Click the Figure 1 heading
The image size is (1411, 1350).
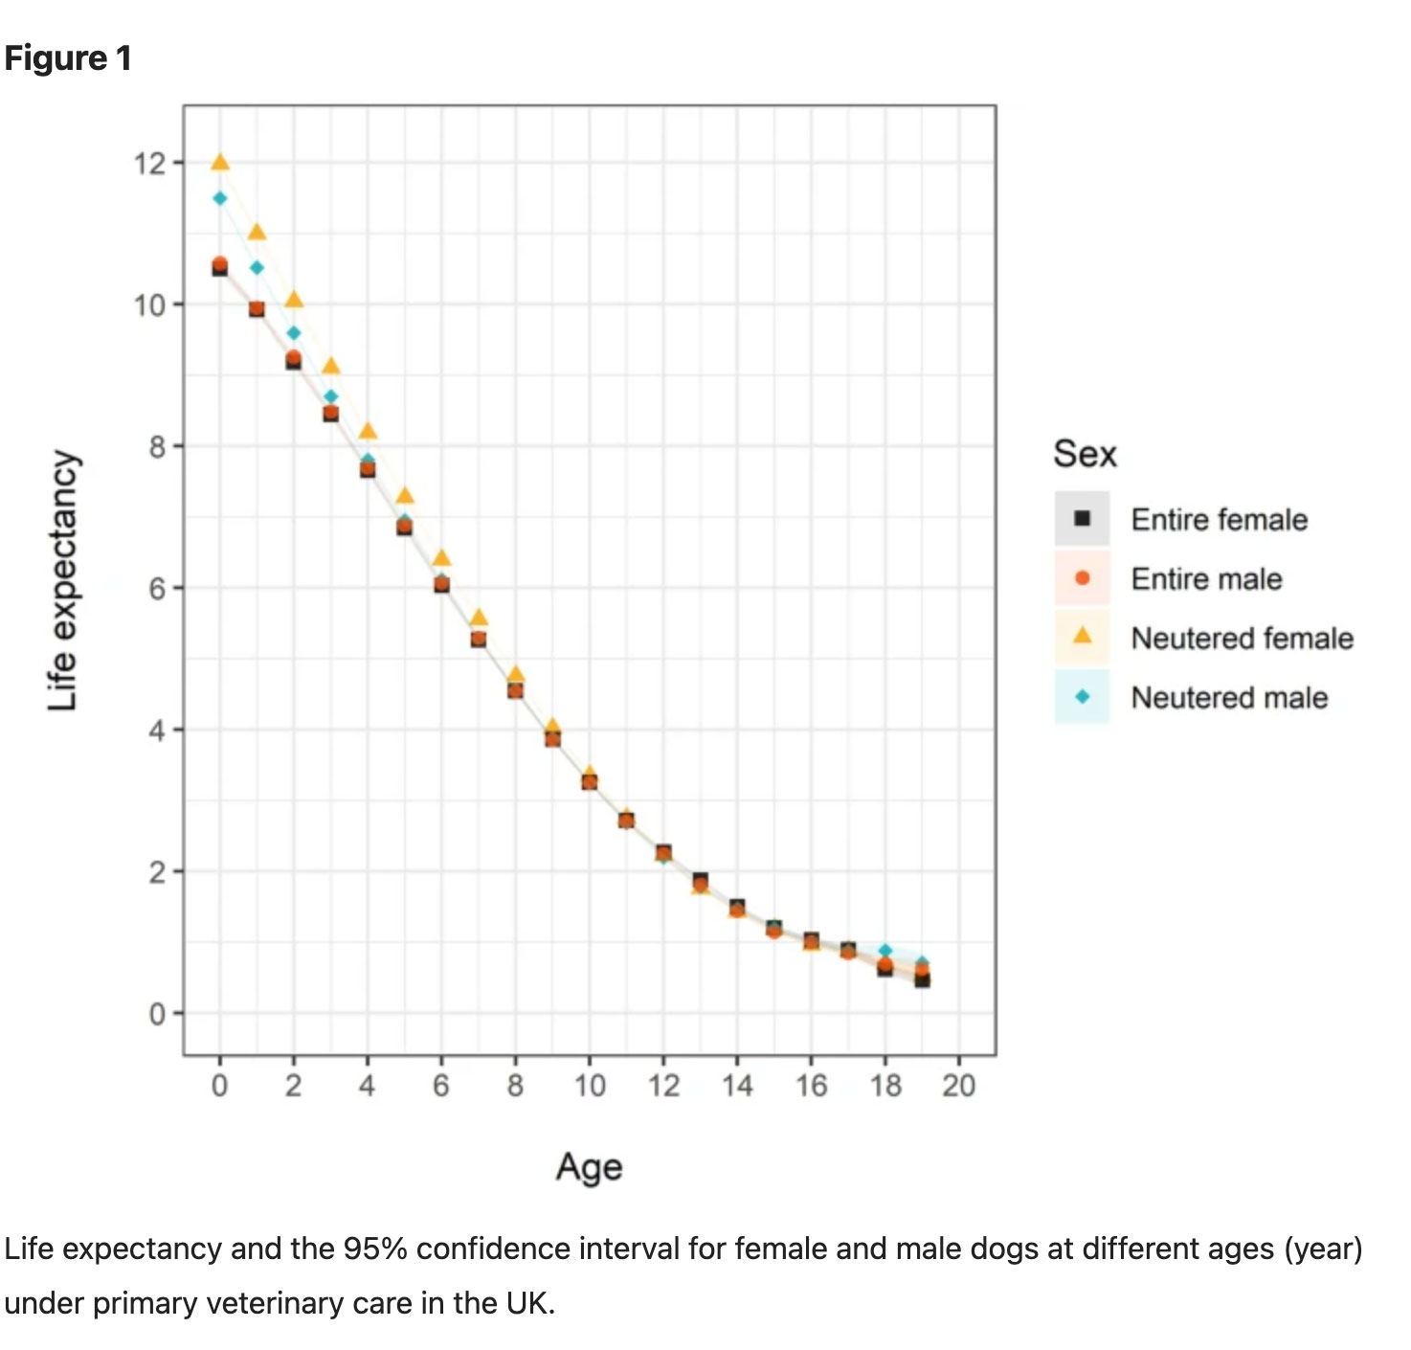pyautogui.click(x=68, y=58)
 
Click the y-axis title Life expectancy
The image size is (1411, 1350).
pyautogui.click(x=63, y=580)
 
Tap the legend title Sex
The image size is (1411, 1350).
pyautogui.click(x=1085, y=454)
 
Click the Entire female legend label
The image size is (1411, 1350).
pyautogui.click(x=1220, y=519)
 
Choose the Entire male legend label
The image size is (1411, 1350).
pyautogui.click(x=1206, y=579)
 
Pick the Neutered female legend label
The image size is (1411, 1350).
pyautogui.click(x=1243, y=639)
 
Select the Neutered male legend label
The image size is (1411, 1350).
pyautogui.click(x=1230, y=698)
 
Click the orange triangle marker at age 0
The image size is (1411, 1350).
pyautogui.click(x=220, y=163)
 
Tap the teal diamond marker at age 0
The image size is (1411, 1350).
pyautogui.click(x=220, y=198)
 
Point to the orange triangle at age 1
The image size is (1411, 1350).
pyautogui.click(x=257, y=232)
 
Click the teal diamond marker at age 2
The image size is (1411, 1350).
pyautogui.click(x=294, y=333)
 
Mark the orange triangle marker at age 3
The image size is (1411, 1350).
pyautogui.click(x=330, y=367)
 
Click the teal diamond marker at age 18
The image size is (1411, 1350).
pyautogui.click(x=885, y=951)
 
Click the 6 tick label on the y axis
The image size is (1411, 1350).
pyautogui.click(x=157, y=588)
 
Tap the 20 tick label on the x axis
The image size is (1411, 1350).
pyautogui.click(x=958, y=1086)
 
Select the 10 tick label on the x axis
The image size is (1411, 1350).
pyautogui.click(x=590, y=1086)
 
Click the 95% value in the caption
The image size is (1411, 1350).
pyautogui.click(x=375, y=1249)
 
